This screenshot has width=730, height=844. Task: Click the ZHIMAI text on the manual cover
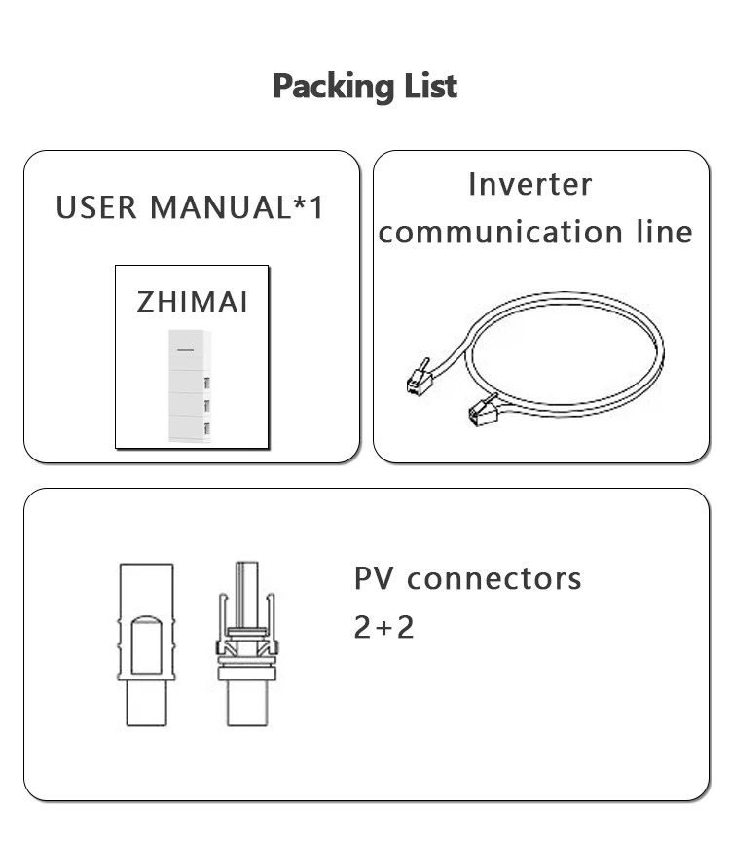coord(192,301)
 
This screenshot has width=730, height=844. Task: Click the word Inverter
coord(529,184)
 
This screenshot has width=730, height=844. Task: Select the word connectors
coord(493,578)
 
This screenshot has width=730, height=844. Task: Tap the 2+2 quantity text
coord(383,627)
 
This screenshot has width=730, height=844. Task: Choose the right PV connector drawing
coord(244,643)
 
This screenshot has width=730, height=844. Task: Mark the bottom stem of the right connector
coord(244,703)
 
